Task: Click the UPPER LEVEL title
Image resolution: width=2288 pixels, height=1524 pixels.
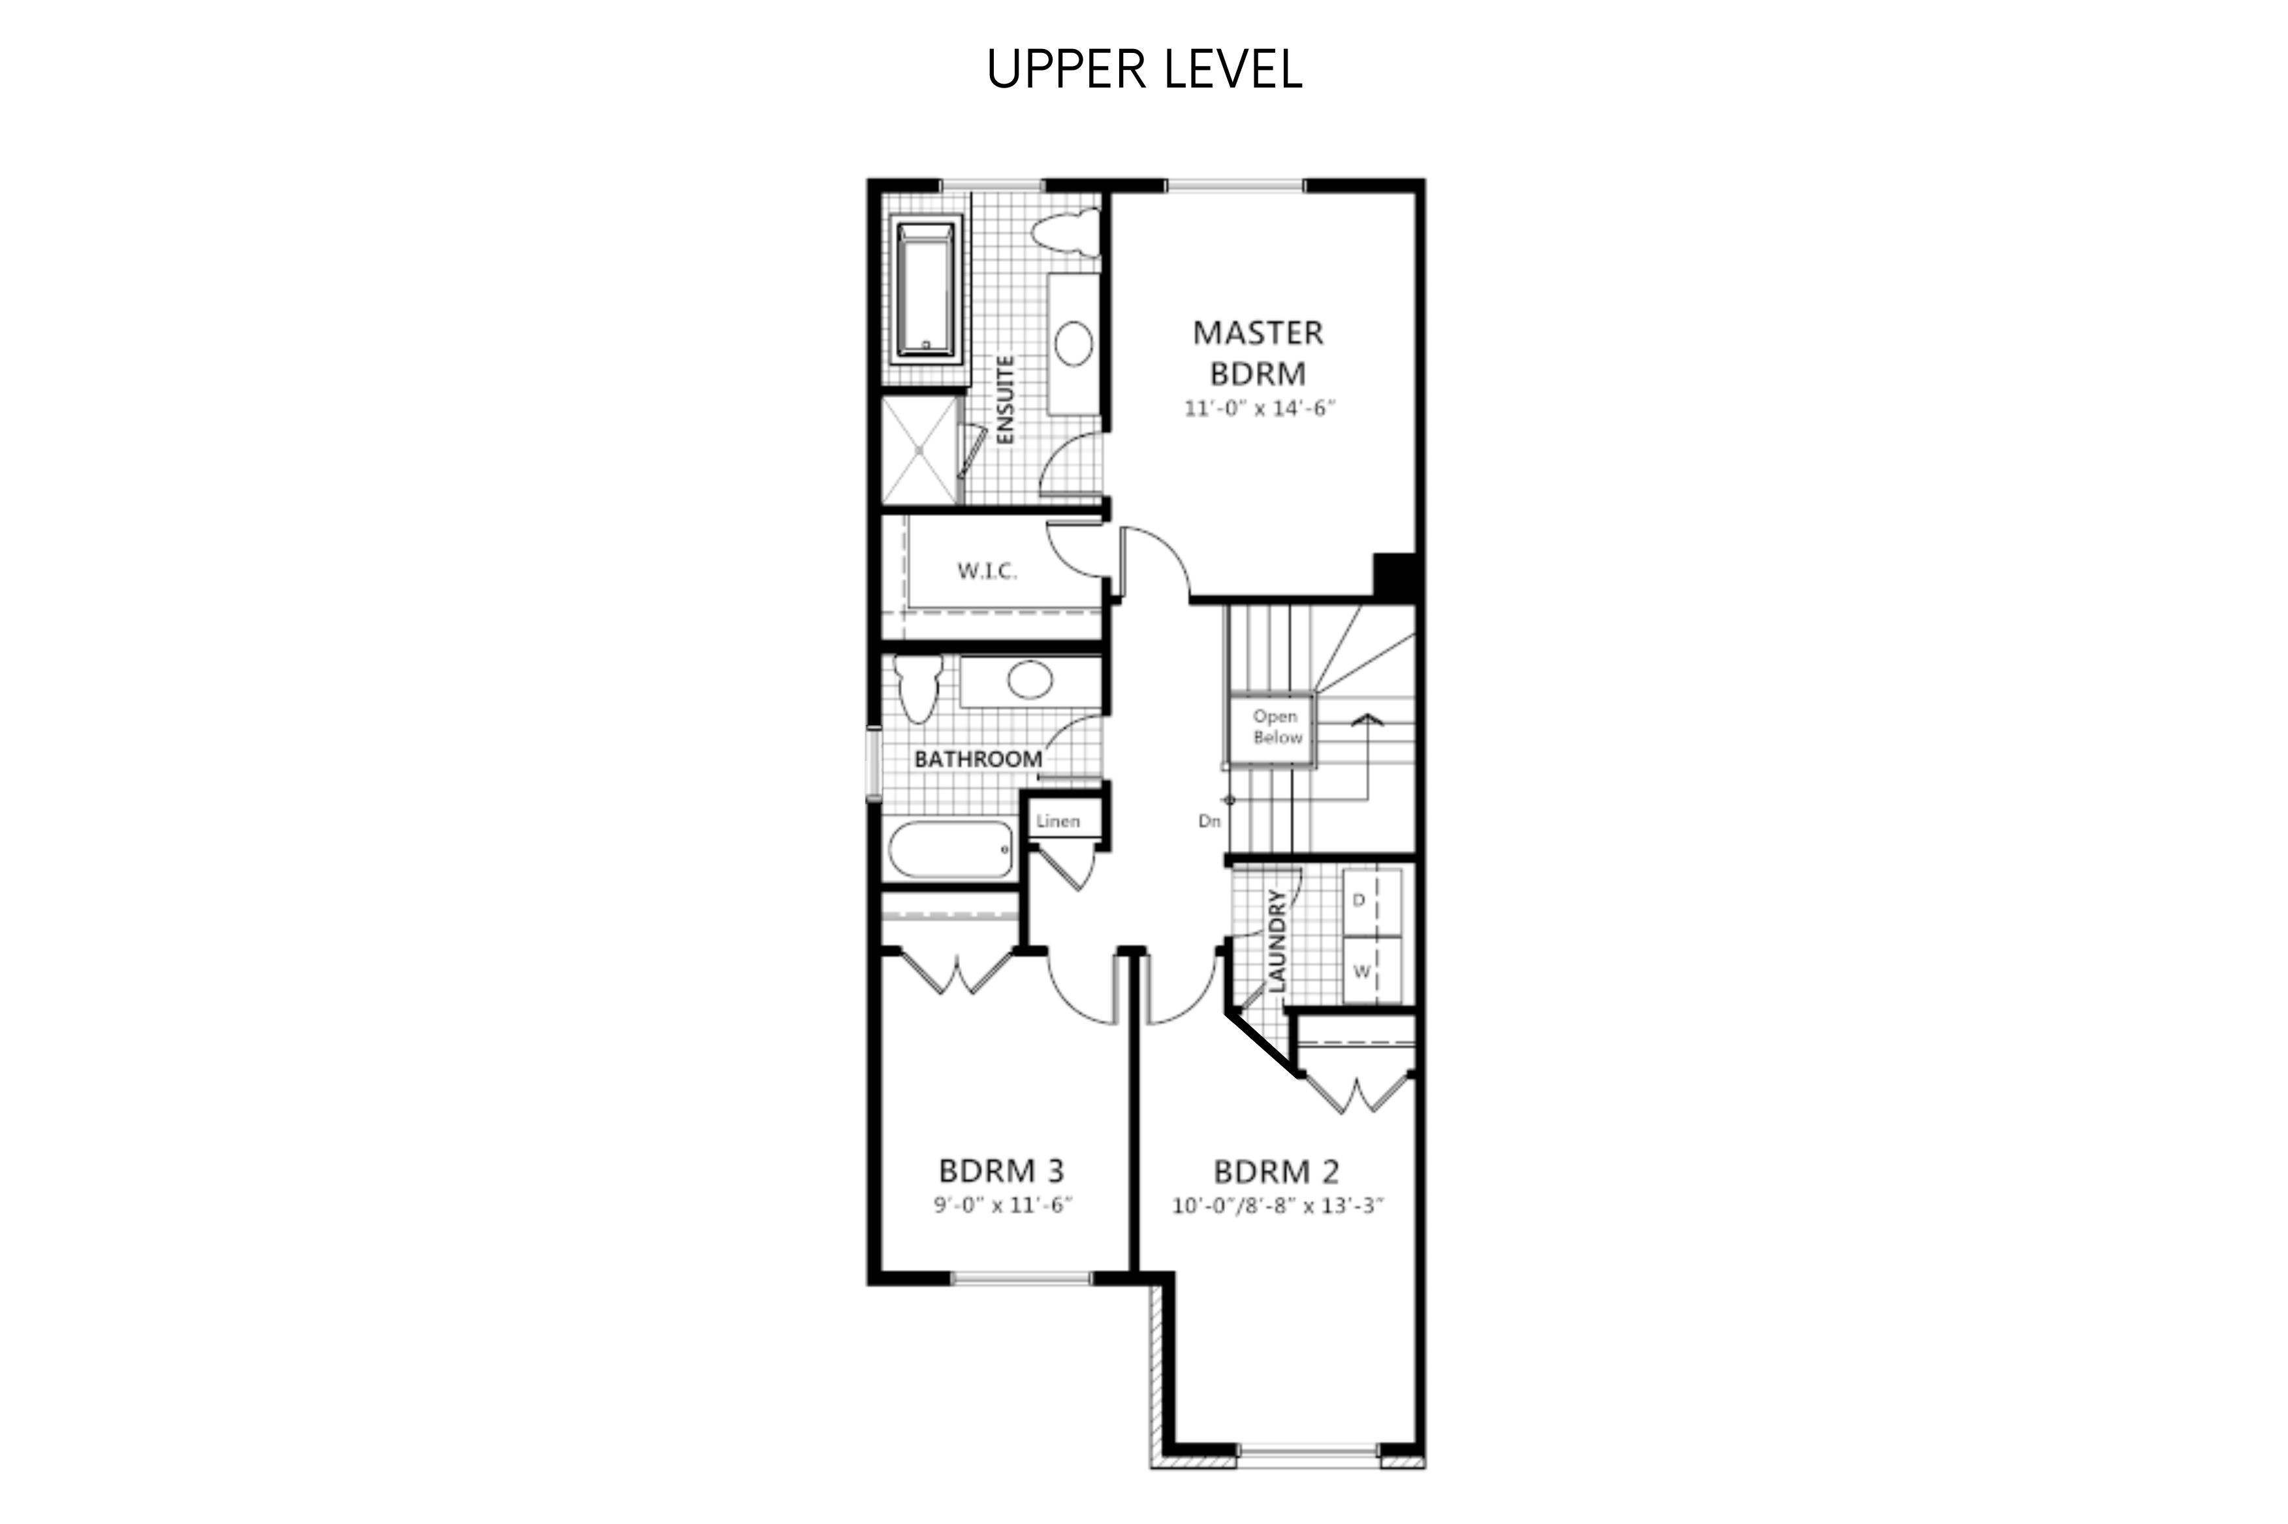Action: tap(1143, 70)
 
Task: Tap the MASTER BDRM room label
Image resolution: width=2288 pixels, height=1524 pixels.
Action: tap(1258, 353)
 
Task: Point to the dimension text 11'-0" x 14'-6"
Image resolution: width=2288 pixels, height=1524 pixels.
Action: tap(1259, 408)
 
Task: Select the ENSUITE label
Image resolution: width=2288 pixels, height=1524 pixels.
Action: tap(1006, 400)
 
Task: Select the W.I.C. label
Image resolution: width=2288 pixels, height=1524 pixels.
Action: tap(987, 570)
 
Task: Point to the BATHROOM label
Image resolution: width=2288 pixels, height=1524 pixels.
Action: tap(978, 758)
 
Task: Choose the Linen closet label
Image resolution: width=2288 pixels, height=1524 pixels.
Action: tap(1058, 821)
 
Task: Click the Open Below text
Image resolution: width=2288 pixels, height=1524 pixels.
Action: tap(1276, 727)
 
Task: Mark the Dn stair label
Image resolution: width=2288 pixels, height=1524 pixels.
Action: tap(1209, 821)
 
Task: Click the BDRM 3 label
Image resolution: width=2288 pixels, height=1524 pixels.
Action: tap(1002, 1169)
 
